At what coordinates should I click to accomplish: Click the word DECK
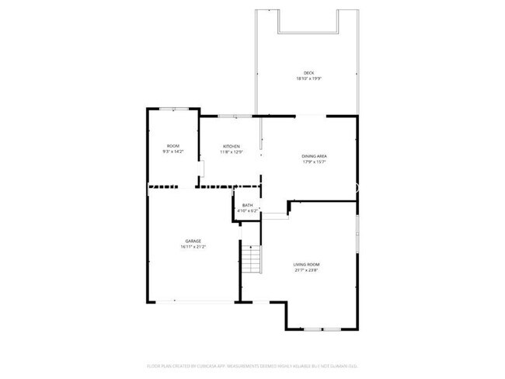308,73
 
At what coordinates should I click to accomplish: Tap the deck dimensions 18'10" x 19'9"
308,78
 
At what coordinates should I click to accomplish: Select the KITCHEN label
232,146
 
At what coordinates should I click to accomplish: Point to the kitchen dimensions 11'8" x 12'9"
232,151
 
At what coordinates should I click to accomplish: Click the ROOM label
172,146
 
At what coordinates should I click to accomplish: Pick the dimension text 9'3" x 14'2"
172,151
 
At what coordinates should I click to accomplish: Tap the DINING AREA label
314,156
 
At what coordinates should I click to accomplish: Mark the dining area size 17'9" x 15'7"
314,162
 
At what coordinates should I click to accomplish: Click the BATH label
247,205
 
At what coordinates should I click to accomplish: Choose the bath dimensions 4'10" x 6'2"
247,210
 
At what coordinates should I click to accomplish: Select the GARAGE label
193,241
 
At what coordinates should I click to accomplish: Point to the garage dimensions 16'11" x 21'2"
193,246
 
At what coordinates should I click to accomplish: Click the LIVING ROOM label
306,265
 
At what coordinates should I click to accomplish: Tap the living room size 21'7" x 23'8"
306,270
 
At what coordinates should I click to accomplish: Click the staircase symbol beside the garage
250,258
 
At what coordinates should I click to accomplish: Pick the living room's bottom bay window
322,330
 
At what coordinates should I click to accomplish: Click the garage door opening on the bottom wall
194,301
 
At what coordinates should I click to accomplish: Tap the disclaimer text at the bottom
252,364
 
